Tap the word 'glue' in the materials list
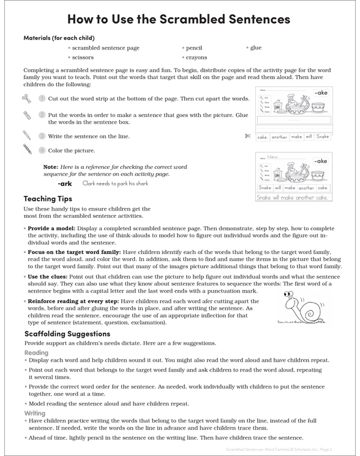255,48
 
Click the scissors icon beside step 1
26,98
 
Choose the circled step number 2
42,114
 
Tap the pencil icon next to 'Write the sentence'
26,135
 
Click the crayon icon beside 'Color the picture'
27,150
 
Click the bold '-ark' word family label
64,183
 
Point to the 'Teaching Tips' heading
48,199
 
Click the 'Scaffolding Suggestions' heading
67,334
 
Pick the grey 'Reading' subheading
36,353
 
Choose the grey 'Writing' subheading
35,414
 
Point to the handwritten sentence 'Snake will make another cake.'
293,198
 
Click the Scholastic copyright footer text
288,449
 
